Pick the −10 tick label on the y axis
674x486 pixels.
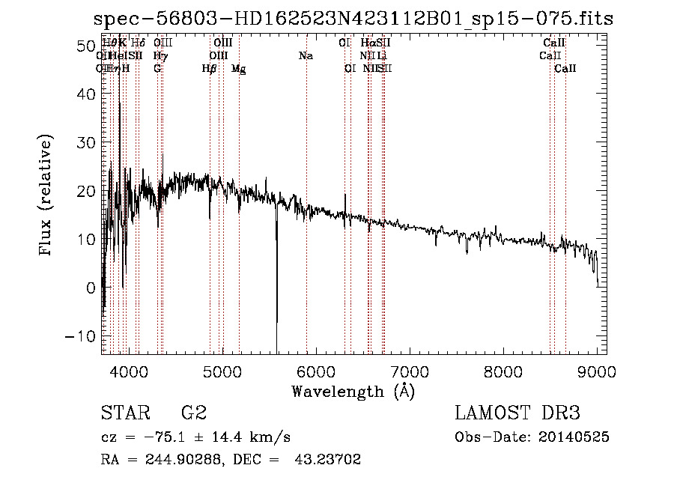(x=76, y=336)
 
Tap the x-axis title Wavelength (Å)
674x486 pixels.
(x=353, y=391)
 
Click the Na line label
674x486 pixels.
(x=306, y=55)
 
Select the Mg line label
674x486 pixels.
(x=239, y=69)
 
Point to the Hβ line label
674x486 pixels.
(x=210, y=69)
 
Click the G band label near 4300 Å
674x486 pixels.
(x=157, y=68)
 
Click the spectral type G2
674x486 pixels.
(x=193, y=413)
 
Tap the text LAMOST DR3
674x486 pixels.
(x=517, y=413)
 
